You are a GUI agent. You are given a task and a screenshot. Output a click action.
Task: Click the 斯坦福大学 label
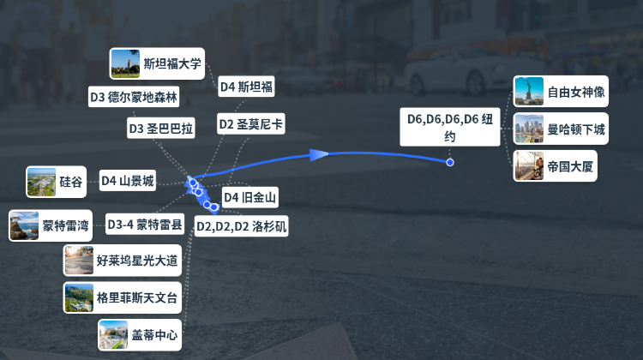(x=172, y=63)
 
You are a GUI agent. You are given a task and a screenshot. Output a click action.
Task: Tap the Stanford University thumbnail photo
(x=125, y=63)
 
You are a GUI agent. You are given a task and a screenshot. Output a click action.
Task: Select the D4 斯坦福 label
(x=246, y=87)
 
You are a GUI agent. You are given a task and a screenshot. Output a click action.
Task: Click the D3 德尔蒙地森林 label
(x=134, y=97)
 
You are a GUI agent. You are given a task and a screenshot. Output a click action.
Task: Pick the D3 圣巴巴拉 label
(x=161, y=129)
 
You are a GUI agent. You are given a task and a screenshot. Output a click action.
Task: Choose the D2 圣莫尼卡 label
(x=251, y=123)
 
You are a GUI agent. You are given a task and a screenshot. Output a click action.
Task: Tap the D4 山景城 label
(x=128, y=180)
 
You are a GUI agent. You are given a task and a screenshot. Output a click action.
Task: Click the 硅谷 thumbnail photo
(x=41, y=182)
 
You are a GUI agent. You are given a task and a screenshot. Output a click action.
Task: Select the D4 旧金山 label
(x=249, y=197)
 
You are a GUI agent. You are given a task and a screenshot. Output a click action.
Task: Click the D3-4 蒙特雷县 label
(x=145, y=225)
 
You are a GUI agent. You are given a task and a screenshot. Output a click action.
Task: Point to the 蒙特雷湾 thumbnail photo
(x=24, y=225)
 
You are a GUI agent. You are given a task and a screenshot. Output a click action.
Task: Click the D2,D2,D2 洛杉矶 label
(x=242, y=226)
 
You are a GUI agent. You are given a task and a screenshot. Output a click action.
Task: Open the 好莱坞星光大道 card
(x=123, y=261)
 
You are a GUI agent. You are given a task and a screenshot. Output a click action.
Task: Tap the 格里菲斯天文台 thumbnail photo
(x=79, y=297)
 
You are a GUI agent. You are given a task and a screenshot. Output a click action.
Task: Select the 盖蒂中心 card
(x=140, y=335)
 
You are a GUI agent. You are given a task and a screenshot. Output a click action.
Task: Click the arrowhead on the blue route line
(x=319, y=154)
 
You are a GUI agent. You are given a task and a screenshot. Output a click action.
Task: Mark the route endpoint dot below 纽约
(x=450, y=162)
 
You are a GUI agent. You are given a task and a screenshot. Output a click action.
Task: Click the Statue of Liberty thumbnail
(x=529, y=92)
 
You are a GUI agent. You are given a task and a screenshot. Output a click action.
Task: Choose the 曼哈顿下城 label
(x=576, y=129)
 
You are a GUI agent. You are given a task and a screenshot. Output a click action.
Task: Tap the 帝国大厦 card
(x=556, y=166)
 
